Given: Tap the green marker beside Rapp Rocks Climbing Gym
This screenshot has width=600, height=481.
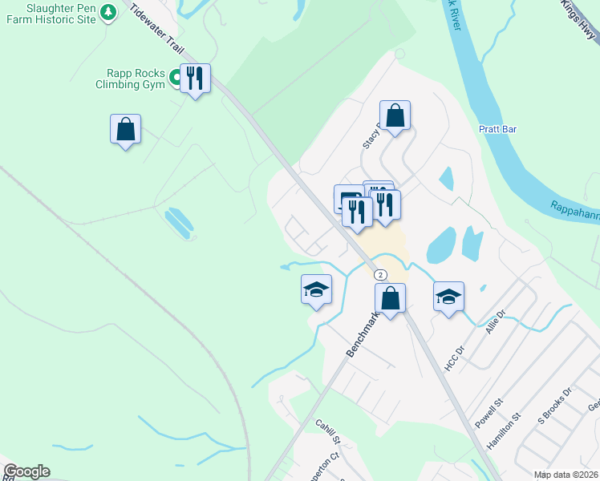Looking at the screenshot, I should pos(173,76).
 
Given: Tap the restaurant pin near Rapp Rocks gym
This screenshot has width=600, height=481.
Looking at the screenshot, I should pos(195,79).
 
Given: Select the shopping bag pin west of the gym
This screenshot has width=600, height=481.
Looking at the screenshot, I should pos(125,129).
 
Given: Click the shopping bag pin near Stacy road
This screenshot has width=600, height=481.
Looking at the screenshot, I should pos(395,115).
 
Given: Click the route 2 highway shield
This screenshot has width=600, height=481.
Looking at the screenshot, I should pos(380,274).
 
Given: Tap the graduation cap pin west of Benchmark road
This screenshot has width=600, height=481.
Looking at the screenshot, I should pos(316,289).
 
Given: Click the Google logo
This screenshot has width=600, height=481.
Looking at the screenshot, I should pos(27,471).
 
